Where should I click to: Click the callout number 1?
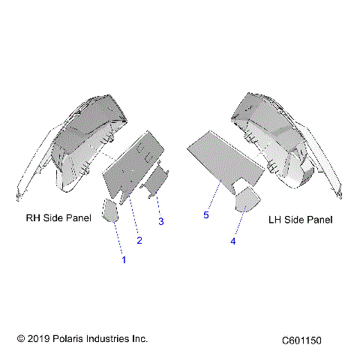(x=124, y=259)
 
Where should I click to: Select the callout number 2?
(x=139, y=240)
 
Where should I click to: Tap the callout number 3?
(x=160, y=222)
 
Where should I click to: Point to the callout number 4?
(x=233, y=241)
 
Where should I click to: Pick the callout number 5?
(x=205, y=214)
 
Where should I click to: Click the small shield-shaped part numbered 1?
(x=109, y=211)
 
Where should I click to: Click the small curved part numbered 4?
(x=247, y=200)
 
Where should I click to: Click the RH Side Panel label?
(x=58, y=219)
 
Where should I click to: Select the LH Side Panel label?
(x=300, y=220)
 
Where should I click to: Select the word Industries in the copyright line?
(x=109, y=339)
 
